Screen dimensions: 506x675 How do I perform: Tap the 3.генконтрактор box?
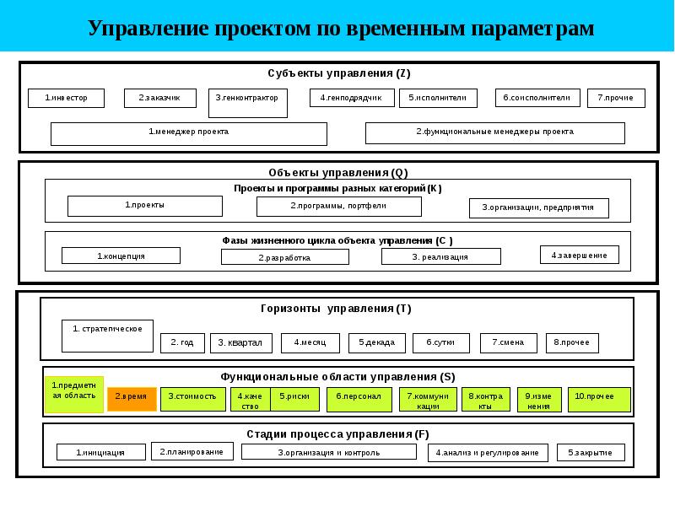(248, 103)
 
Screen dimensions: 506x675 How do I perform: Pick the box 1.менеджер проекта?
(188, 133)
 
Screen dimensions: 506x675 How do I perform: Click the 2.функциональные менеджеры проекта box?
(494, 132)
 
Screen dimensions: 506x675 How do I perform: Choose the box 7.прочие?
(616, 99)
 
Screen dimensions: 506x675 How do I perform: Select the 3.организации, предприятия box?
(538, 207)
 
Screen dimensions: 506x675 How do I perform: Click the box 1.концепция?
(121, 256)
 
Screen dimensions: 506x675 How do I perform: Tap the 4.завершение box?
(579, 255)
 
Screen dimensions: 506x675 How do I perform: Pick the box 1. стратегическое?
(107, 335)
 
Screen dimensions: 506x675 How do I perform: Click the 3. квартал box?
(240, 343)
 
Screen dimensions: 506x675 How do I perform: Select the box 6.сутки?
(440, 343)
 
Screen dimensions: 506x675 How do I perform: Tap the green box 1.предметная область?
(74, 395)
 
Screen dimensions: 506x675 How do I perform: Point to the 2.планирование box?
(192, 452)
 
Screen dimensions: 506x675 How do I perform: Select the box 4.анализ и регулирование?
(488, 453)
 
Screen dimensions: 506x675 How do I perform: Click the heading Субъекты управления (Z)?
(339, 73)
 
